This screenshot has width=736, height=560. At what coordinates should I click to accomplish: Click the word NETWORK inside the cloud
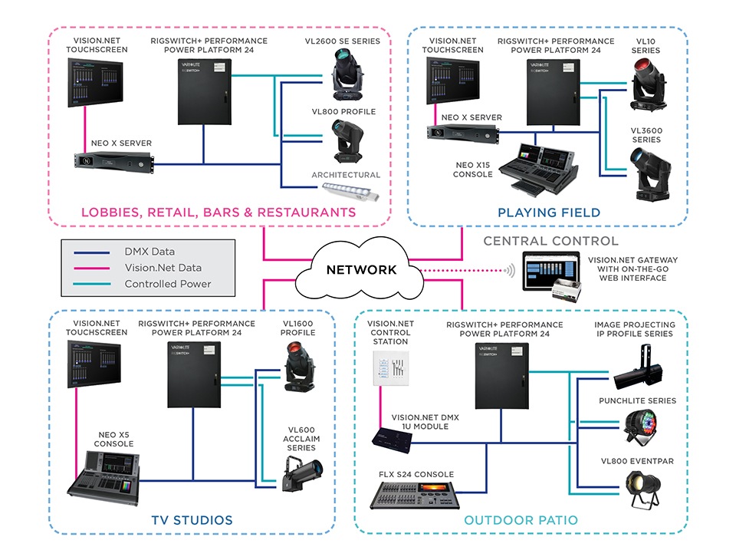pyautogui.click(x=362, y=269)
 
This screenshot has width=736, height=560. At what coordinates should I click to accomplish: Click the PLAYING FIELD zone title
pyautogui.click(x=548, y=212)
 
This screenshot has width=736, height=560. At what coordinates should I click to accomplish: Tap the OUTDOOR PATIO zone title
pyautogui.click(x=521, y=520)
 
